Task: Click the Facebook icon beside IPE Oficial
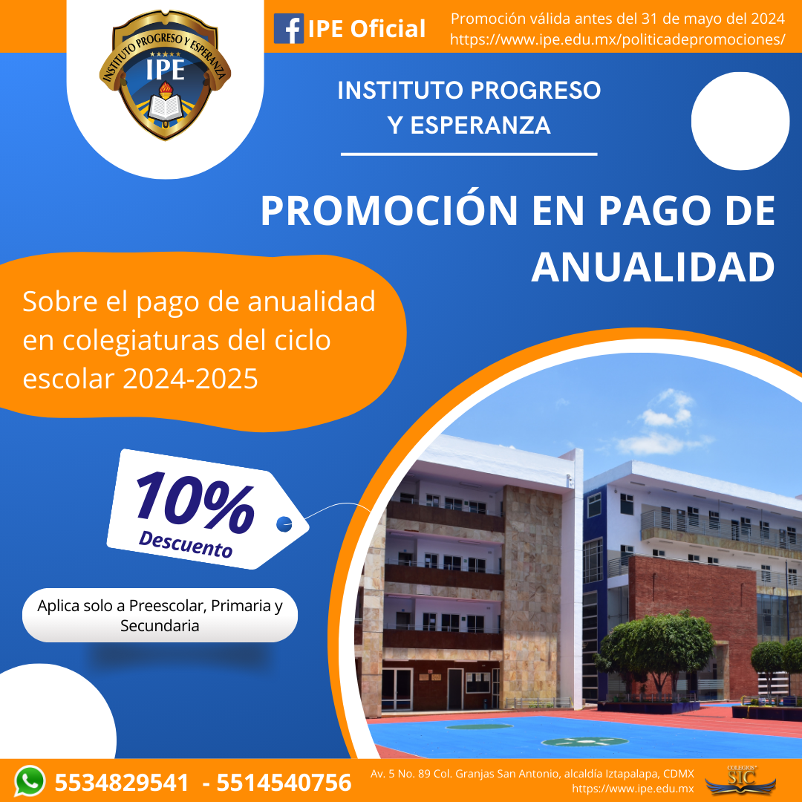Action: [289, 28]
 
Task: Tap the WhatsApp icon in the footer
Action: [29, 781]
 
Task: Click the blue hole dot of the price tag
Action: [283, 524]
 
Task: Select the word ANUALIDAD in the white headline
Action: [653, 267]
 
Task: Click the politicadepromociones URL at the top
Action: [617, 39]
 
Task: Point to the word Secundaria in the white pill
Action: [160, 625]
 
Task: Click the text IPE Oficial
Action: [367, 29]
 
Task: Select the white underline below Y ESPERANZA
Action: [469, 154]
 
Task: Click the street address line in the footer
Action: [532, 774]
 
